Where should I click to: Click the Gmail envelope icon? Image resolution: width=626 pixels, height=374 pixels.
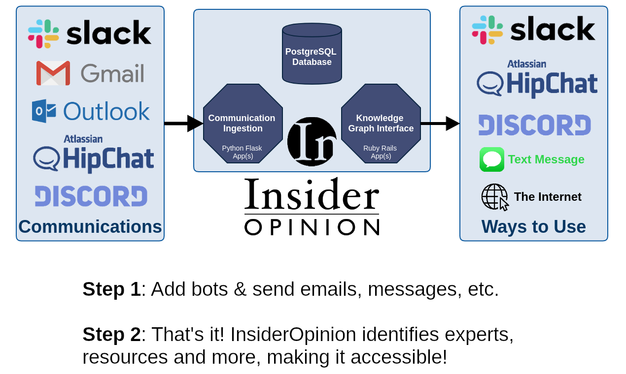point(53,73)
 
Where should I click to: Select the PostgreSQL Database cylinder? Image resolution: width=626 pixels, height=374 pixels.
point(312,54)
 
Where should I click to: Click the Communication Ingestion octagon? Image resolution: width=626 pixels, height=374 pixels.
point(243,124)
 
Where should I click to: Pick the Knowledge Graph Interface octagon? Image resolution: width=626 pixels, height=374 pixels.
point(381,124)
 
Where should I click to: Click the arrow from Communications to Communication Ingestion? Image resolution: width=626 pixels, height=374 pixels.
point(183,124)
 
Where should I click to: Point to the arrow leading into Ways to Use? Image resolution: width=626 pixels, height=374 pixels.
point(440,124)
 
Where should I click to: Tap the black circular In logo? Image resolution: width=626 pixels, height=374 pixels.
point(312,142)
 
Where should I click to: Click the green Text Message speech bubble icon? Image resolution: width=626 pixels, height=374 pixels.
point(492,159)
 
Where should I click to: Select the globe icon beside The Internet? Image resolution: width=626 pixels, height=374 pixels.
point(494,197)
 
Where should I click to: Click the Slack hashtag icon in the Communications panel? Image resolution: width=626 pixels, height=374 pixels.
point(43,34)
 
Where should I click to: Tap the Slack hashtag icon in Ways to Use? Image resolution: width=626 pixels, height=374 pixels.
point(487,30)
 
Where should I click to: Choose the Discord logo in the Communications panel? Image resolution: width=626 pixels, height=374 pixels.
point(91,196)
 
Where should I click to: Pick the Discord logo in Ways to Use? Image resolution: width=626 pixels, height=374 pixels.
point(535,125)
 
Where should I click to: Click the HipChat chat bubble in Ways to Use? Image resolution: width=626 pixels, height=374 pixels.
point(489,84)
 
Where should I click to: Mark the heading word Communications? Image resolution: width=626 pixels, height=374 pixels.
point(90,227)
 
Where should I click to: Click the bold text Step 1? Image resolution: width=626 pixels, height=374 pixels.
point(111,289)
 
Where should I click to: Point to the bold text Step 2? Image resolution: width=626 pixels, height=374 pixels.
point(111,335)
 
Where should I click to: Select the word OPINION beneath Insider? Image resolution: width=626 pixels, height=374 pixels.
point(312,227)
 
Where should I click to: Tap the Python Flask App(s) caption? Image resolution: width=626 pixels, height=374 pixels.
point(242,152)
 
